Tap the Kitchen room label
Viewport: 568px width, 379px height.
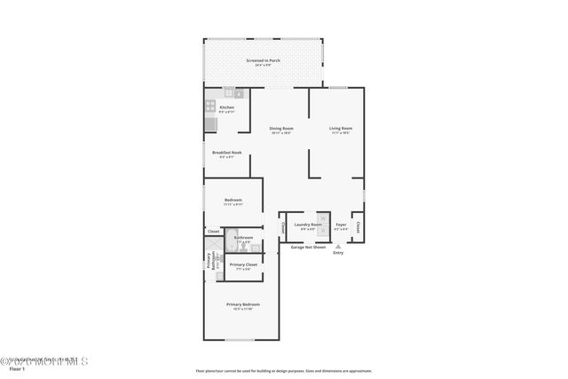coord(227,109)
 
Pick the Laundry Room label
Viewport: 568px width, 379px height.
coord(308,225)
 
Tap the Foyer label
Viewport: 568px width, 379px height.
coord(341,226)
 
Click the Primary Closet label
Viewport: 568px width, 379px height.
coord(243,265)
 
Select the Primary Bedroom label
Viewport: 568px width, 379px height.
coord(242,305)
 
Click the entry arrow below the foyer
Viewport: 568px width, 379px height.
coord(337,246)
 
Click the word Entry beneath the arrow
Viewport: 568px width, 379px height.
coord(338,254)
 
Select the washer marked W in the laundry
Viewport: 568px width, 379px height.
coord(323,218)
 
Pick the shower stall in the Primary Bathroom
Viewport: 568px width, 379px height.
coord(213,243)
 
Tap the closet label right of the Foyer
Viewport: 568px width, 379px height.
coord(358,226)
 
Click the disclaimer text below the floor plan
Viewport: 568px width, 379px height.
coord(284,371)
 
